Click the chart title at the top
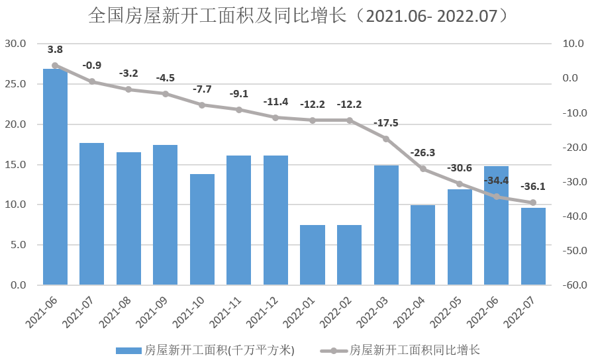pyautogui.click(x=298, y=17)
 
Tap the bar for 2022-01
pyautogui.click(x=313, y=255)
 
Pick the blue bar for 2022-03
pyautogui.click(x=386, y=225)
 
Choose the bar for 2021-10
pyautogui.click(x=202, y=230)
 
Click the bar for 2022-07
pyautogui.click(x=533, y=246)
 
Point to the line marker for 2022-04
pyautogui.click(x=423, y=169)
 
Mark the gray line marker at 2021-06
pyautogui.click(x=55, y=66)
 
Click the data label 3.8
pyautogui.click(x=55, y=50)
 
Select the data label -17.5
pyautogui.click(x=386, y=123)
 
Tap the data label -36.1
pyautogui.click(x=533, y=187)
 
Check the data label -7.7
pyautogui.click(x=202, y=89)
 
